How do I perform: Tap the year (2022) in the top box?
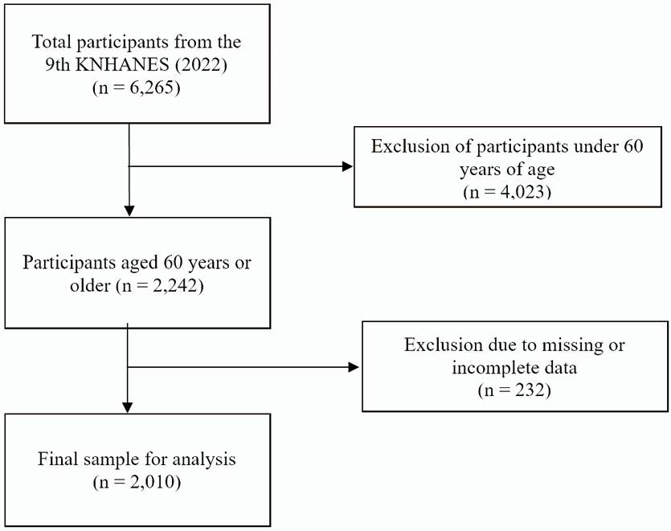(x=200, y=64)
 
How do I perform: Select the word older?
(x=90, y=285)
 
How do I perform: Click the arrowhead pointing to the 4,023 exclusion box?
(x=348, y=166)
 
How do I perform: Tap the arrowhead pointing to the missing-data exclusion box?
(x=354, y=366)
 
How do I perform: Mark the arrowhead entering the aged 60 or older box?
(x=129, y=211)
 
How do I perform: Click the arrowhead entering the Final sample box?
(x=128, y=408)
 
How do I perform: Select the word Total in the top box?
(x=51, y=42)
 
